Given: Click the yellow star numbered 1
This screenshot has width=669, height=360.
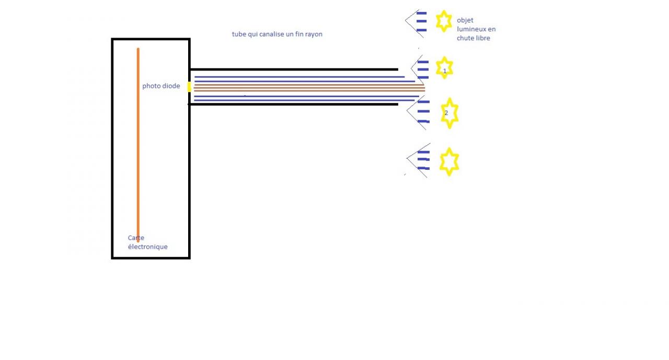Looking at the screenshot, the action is click(444, 68).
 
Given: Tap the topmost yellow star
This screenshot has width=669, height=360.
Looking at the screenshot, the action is click(444, 21).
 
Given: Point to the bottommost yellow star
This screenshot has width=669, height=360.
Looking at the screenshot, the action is click(449, 161).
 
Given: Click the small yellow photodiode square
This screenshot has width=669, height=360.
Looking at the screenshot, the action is click(189, 87).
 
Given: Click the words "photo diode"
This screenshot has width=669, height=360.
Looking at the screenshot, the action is click(161, 86).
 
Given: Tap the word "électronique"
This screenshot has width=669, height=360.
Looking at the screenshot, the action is click(148, 247).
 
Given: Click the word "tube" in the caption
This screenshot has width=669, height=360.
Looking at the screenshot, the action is click(239, 34).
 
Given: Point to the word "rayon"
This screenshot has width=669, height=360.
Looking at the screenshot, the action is click(313, 34).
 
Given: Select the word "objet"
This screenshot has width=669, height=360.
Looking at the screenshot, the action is click(465, 20).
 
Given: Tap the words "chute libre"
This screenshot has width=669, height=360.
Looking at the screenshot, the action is click(474, 38).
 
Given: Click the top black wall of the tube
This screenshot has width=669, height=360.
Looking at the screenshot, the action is click(293, 69).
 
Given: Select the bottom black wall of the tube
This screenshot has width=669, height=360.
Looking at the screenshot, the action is click(293, 104).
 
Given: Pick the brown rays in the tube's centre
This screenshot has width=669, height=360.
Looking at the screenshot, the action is click(308, 88).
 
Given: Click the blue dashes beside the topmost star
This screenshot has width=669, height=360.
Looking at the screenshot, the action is click(421, 21).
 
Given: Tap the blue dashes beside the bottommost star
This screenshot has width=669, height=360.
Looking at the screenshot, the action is click(423, 160).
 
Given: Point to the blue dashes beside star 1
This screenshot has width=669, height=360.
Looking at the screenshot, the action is click(423, 69).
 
